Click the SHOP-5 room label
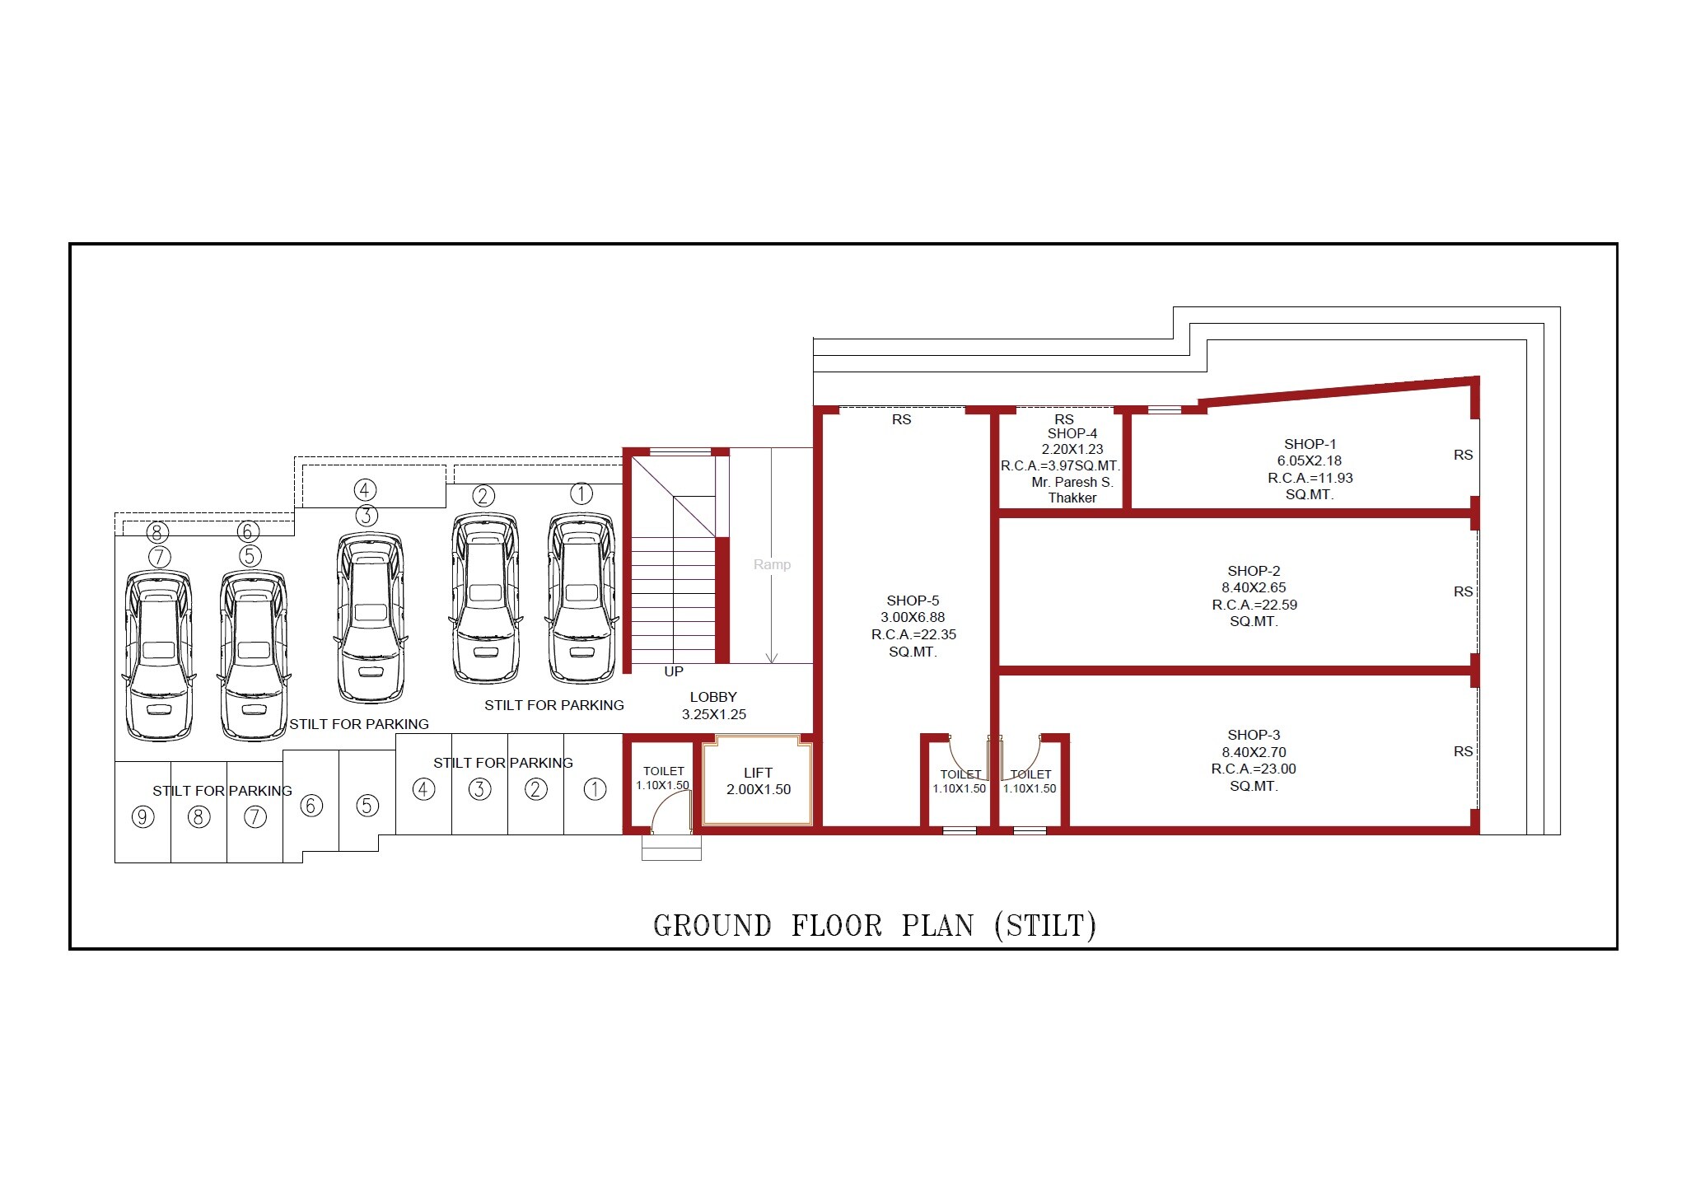(x=912, y=601)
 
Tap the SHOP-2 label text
(x=1254, y=571)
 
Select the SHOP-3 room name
(x=1254, y=735)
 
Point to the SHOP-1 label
(x=1310, y=444)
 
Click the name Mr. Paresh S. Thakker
(x=1072, y=490)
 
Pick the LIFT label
(x=758, y=773)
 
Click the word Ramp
(x=772, y=564)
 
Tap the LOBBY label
(x=713, y=697)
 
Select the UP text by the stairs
(x=674, y=671)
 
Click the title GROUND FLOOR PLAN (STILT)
(x=874, y=926)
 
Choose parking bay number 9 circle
(x=142, y=817)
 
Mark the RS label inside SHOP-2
(x=1463, y=591)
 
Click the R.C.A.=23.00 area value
(x=1253, y=769)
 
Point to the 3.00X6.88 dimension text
(x=912, y=617)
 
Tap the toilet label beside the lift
(x=663, y=771)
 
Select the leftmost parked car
(x=159, y=655)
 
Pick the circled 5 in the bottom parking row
(x=367, y=805)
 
